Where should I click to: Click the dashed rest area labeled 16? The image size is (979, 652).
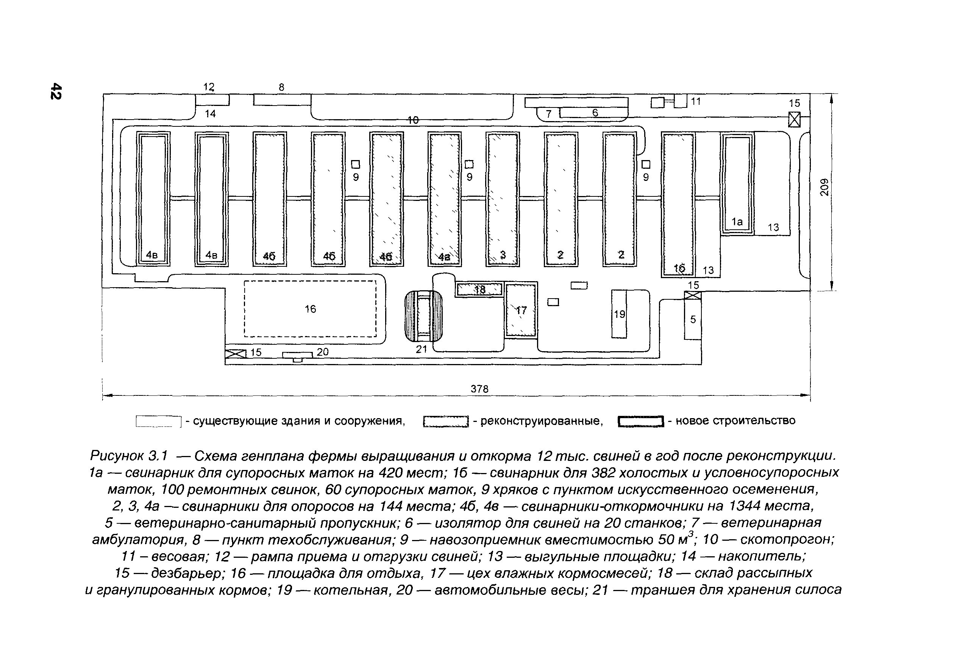pos(310,308)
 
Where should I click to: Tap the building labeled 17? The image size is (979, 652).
pos(521,310)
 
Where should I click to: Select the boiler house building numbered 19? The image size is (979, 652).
pos(619,314)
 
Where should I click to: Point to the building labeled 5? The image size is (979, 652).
pos(692,319)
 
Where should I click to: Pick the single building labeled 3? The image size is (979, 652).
pos(502,199)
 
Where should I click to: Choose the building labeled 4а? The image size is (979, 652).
pos(444,199)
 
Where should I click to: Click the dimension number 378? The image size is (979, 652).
pos(479,389)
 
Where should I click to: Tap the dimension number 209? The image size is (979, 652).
pos(824,187)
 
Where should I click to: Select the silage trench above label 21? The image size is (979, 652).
pos(423,316)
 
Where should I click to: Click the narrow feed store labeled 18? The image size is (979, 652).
pos(479,289)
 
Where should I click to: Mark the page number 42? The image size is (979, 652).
pos(56,91)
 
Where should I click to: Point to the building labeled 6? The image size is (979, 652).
pos(594,112)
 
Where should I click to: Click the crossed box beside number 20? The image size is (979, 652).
pos(236,353)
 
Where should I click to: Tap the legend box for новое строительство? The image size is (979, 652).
pos(640,422)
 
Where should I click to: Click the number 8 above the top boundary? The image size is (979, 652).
pos(281,87)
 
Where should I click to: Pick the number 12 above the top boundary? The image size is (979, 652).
pos(208,87)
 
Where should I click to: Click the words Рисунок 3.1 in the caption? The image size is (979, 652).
pos(128,456)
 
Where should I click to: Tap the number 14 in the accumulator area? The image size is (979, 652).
pos(210,114)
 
